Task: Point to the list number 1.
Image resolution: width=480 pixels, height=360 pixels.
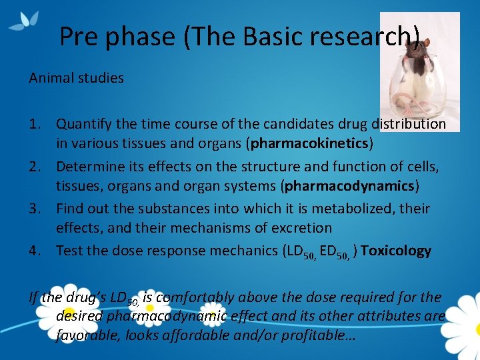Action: pyautogui.click(x=36, y=124)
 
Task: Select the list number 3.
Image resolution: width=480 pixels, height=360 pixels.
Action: pyautogui.click(x=36, y=209)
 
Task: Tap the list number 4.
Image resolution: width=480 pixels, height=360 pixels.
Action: pyautogui.click(x=36, y=251)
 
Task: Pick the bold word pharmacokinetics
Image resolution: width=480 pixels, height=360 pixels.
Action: pyautogui.click(x=309, y=143)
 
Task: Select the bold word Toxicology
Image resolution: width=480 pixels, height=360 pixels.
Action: pyautogui.click(x=396, y=251)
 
